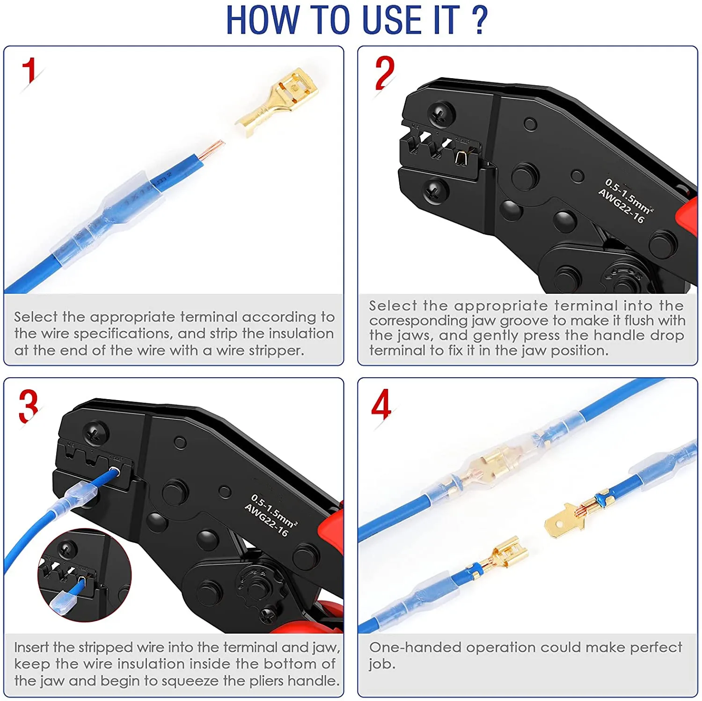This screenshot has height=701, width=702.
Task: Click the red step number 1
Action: coord(29,71)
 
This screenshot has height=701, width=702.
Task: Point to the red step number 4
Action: coord(381,404)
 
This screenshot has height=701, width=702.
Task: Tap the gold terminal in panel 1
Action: coord(277,102)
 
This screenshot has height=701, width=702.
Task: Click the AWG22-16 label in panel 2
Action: coord(622,206)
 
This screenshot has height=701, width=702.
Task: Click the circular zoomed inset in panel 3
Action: coord(84,575)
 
